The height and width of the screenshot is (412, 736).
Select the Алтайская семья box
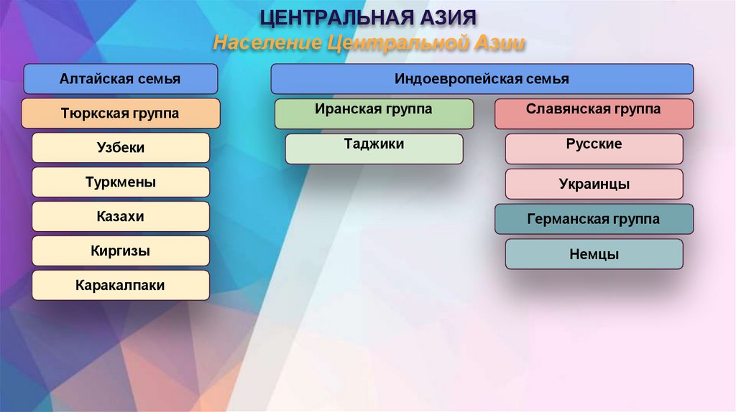pyautogui.click(x=120, y=79)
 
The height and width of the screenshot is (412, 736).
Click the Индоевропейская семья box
pyautogui.click(x=482, y=79)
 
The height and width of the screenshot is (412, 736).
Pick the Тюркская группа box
pyautogui.click(x=120, y=113)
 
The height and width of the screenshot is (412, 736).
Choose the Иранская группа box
pyautogui.click(x=374, y=113)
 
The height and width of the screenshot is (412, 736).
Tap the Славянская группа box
pyautogui.click(x=594, y=113)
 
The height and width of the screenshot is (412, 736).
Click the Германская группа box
pyautogui.click(x=594, y=219)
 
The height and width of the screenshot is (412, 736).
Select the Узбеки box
pyautogui.click(x=120, y=148)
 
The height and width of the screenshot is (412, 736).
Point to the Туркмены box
pyautogui.click(x=120, y=182)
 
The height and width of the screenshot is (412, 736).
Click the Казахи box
pyautogui.click(x=120, y=216)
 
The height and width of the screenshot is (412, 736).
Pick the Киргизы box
pyautogui.click(x=120, y=251)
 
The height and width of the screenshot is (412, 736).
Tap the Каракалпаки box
pyautogui.click(x=120, y=285)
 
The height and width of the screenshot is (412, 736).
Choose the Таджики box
pyautogui.click(x=374, y=149)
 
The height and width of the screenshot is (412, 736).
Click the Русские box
pyautogui.click(x=594, y=149)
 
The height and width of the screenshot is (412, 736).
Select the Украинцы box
pyautogui.click(x=594, y=184)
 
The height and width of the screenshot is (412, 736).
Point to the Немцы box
pyautogui.click(x=594, y=254)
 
